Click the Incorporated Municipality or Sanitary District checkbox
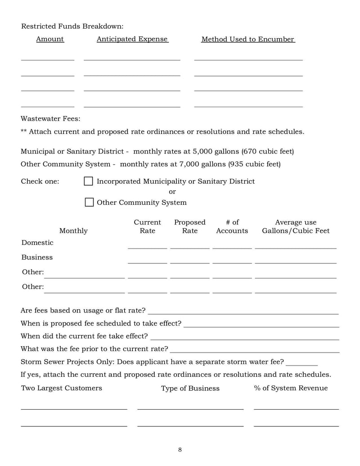89,181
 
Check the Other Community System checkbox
89,202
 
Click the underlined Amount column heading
50,39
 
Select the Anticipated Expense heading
132,39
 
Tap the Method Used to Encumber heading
247,39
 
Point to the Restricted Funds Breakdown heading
72,26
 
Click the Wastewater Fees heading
50,119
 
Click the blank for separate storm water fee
301,362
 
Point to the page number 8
180,449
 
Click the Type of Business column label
190,388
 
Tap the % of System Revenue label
291,388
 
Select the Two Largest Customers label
61,388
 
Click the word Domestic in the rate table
37,243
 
